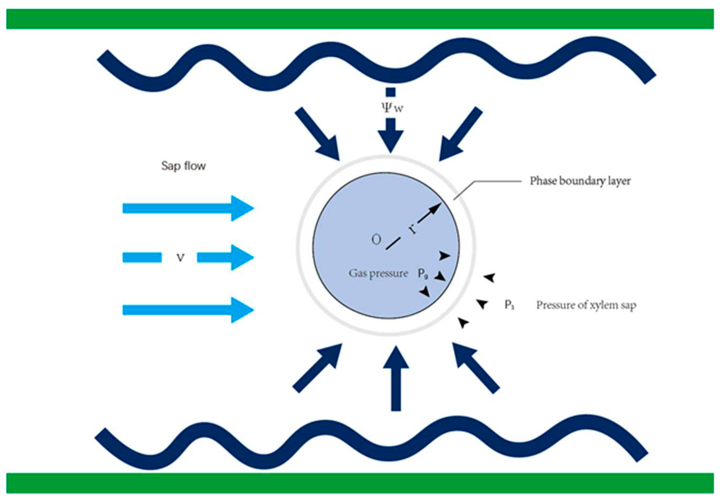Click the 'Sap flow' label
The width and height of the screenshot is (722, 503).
tap(183, 166)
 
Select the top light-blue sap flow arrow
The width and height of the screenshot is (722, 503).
tap(188, 208)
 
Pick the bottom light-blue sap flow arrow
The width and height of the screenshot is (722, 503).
tap(188, 310)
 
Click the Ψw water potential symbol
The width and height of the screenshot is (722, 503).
tap(392, 108)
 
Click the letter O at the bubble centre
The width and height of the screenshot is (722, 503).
tap(376, 240)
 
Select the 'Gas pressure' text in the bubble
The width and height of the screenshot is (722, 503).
tap(378, 273)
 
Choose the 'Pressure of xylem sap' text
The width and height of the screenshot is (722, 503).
tap(586, 305)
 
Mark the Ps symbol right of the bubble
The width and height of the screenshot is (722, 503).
tap(509, 305)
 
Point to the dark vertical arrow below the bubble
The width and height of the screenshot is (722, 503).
tap(396, 378)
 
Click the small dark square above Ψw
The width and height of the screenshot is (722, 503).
tap(391, 92)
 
